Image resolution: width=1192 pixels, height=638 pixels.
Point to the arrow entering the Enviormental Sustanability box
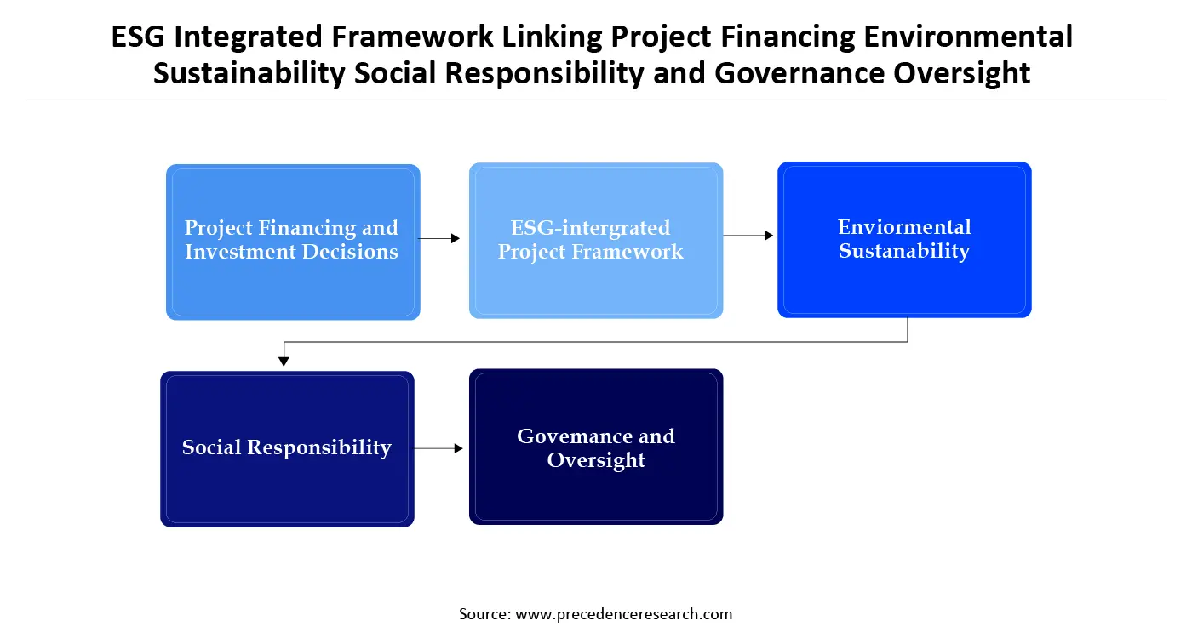(749, 236)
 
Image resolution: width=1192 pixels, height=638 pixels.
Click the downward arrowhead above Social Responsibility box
(284, 361)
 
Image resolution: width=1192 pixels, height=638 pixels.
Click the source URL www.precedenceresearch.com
(623, 614)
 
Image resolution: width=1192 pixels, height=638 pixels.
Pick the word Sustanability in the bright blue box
(904, 251)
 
